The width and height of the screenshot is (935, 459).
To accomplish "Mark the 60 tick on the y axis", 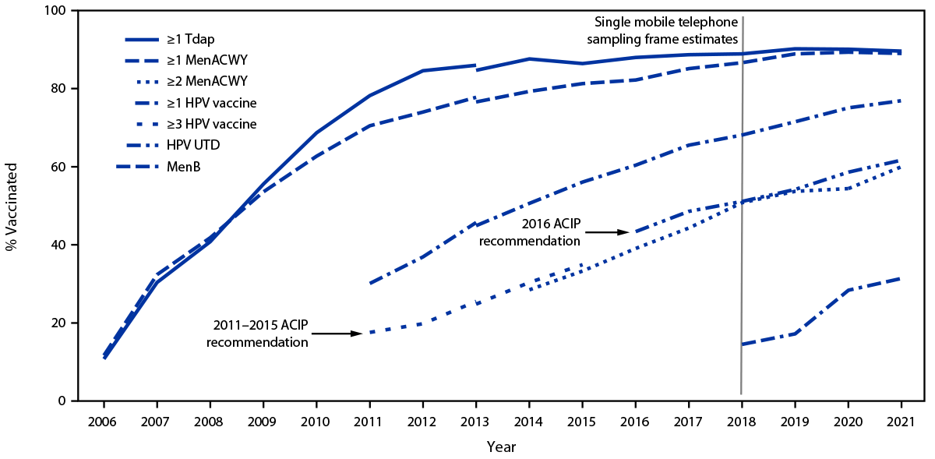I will click(x=59, y=167).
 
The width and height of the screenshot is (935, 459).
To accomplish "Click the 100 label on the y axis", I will click(x=56, y=11).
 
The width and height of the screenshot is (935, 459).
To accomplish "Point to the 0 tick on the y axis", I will click(x=62, y=401).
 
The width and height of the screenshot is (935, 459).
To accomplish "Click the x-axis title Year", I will click(x=501, y=447).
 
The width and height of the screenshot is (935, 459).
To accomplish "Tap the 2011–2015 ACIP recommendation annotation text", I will click(x=257, y=334).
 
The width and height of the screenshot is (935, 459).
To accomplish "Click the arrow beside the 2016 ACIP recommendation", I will click(x=609, y=231).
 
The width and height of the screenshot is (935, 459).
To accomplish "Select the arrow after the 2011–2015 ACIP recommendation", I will click(x=337, y=334).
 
